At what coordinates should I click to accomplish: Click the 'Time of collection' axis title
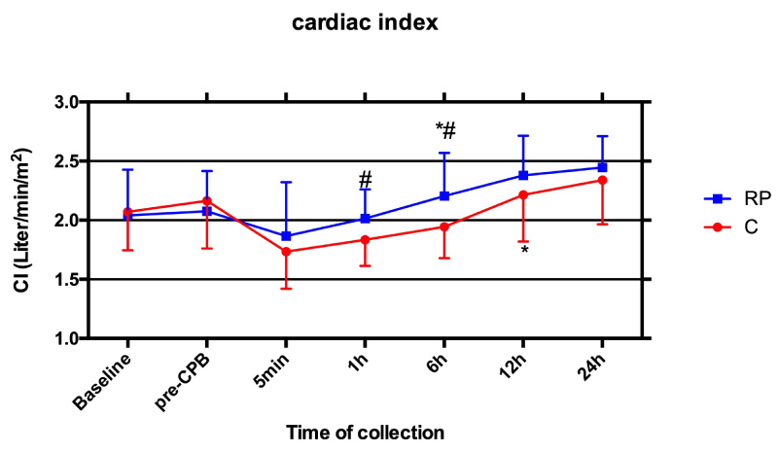pos(366,431)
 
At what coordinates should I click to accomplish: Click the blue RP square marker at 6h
pos(444,195)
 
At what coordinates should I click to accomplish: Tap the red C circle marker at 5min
pos(286,252)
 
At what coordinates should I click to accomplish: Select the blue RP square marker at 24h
pos(602,167)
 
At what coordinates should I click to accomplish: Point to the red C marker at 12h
pos(523,194)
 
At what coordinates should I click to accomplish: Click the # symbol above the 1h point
pos(366,180)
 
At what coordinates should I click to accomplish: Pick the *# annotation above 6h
pos(445,131)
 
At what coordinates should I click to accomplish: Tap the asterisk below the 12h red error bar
pos(524,251)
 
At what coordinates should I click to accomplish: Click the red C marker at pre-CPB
pos(207,200)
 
